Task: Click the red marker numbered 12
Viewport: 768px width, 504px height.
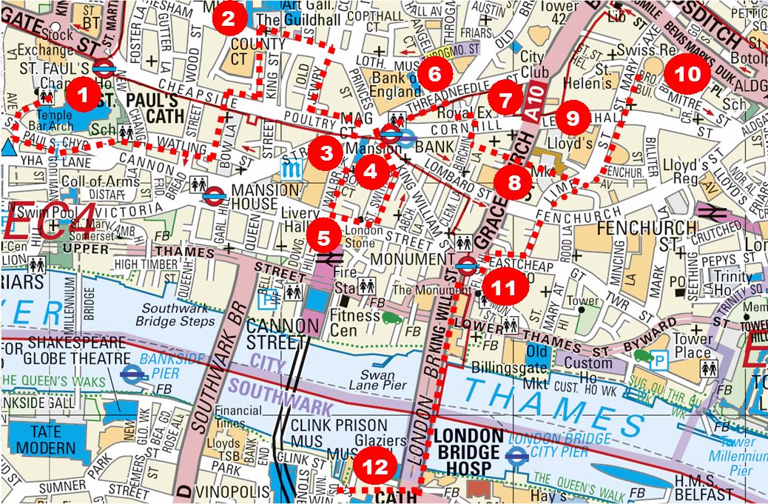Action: (375, 467)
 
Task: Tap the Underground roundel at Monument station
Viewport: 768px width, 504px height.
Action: (465, 265)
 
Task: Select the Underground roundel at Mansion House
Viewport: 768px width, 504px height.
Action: (215, 196)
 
